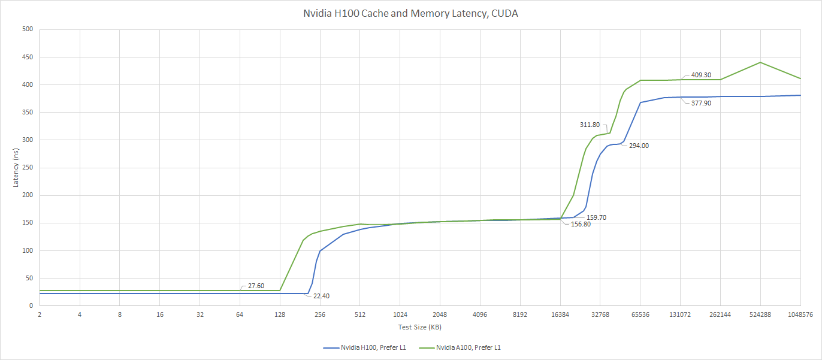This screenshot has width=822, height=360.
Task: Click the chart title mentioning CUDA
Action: pos(410,13)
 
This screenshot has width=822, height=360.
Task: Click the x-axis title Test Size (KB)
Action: pos(419,327)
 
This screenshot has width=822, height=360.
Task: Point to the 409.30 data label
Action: pos(701,75)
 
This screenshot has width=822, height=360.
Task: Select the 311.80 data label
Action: pos(590,125)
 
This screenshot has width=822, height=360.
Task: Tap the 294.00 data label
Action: pos(639,146)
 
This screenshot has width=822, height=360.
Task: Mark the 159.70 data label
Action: pos(596,217)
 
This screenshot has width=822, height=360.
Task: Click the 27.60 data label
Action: pos(256,286)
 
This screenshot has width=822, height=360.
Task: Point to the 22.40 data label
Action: pos(321,296)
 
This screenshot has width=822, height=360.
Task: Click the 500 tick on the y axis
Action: pos(28,29)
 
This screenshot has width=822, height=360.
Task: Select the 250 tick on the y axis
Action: pos(28,168)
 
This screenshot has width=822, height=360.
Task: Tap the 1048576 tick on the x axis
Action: pos(800,314)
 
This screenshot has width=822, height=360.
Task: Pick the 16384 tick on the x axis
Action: pos(560,314)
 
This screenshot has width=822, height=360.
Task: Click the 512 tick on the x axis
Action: pos(359,314)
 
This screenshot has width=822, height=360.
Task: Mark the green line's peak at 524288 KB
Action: pos(760,62)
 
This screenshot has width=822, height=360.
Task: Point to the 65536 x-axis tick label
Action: pos(640,314)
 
